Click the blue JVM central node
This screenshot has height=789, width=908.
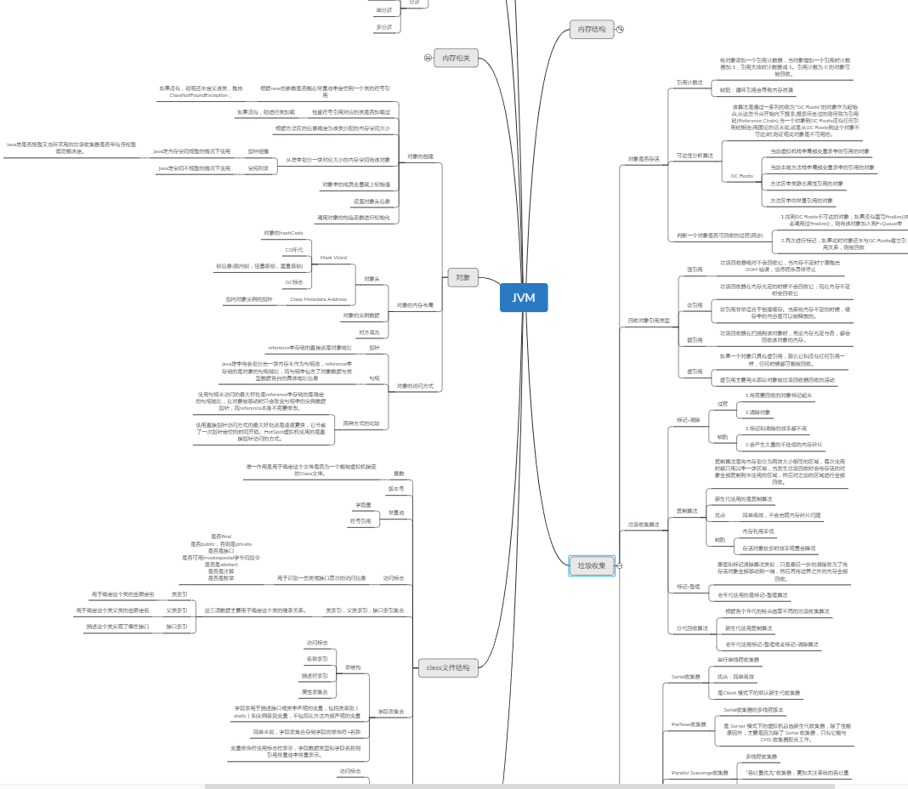524,298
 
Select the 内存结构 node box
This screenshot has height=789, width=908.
592,29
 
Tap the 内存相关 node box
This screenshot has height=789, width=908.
457,59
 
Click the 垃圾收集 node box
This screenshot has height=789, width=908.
591,565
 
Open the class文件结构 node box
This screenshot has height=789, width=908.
447,667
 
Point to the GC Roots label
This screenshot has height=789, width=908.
741,176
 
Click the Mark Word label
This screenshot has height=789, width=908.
333,258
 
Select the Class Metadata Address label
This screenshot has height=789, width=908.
319,299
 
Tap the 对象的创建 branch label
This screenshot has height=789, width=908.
420,156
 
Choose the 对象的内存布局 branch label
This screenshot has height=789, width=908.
415,304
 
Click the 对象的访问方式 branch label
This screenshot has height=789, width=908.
415,386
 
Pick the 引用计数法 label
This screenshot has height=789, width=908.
690,82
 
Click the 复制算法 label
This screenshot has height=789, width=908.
687,511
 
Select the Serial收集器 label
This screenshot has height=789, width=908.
685,677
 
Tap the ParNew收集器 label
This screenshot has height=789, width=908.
688,724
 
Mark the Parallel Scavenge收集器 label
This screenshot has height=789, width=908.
700,773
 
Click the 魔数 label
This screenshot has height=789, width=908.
399,473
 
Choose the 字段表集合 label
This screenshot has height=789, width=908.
391,711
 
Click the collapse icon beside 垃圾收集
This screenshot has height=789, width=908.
620,565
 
